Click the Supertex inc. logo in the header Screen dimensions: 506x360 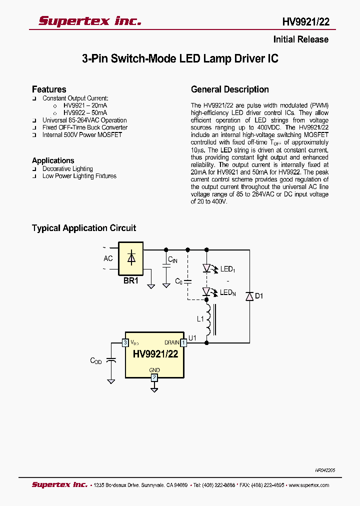tap(90, 20)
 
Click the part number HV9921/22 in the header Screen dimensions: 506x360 tap(305, 22)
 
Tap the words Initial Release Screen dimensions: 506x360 tap(300, 39)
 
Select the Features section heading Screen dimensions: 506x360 tap(49, 89)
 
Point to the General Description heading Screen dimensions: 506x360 tap(230, 89)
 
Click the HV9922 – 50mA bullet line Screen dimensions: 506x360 tap(85, 113)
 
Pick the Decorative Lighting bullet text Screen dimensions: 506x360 tap(67, 169)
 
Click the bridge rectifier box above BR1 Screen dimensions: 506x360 tap(130, 258)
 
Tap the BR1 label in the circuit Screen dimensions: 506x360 tap(130, 281)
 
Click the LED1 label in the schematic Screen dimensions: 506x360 tap(227, 269)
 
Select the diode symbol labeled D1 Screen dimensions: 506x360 tap(249, 296)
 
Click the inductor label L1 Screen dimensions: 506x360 tap(200, 318)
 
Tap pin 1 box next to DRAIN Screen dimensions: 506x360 tap(183, 342)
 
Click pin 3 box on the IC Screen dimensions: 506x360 tap(125, 342)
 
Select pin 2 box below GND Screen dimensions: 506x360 tap(154, 377)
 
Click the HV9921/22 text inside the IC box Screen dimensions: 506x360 tap(155, 353)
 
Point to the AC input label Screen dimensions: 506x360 tap(108, 258)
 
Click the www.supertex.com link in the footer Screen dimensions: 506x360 tap(308, 485)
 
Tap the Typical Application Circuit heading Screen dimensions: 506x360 tap(84, 228)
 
